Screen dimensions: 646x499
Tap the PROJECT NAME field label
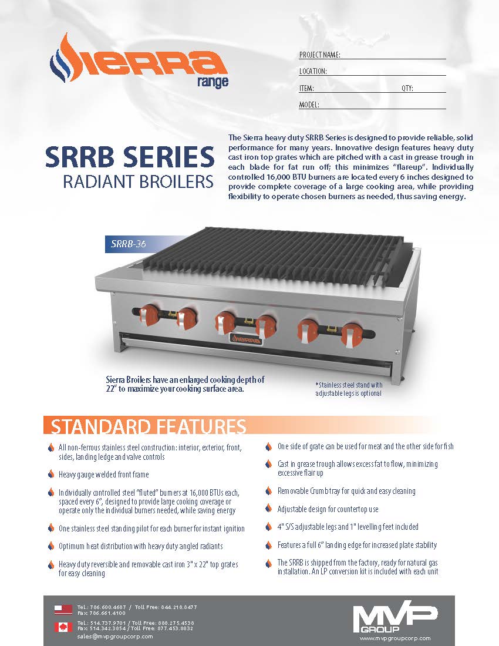coord(320,55)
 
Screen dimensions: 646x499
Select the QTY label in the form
coord(407,88)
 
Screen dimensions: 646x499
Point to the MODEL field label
coord(309,105)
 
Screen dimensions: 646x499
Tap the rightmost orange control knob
coord(352,332)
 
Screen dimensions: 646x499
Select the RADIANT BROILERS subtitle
coord(138,182)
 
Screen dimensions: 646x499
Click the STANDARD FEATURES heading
coord(148,426)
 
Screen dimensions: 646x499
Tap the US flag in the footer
coord(63,609)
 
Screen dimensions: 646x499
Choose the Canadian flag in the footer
coord(63,627)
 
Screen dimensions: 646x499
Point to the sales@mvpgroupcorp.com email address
coord(115,636)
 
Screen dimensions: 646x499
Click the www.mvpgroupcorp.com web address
coord(395,638)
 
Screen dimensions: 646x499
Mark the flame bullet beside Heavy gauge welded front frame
coord(51,475)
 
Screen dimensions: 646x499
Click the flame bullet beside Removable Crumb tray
coord(269,491)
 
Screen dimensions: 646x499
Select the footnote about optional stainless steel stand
coord(349,389)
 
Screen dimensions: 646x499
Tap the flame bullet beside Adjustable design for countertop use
coord(269,509)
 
